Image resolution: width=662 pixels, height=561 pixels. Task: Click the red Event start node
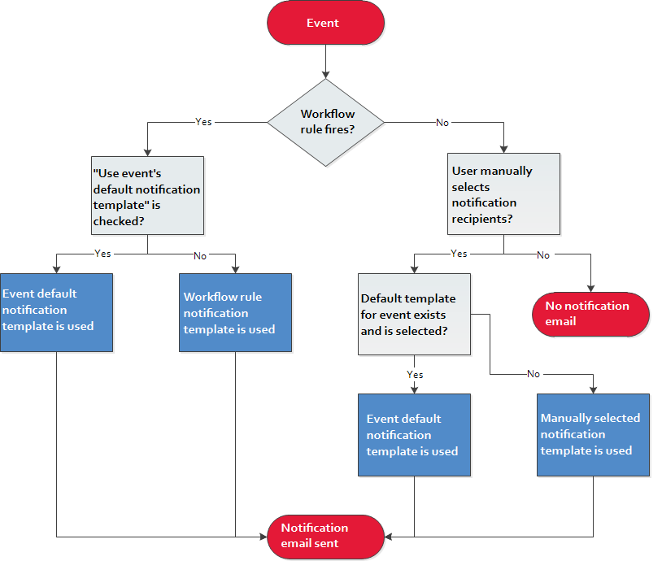point(325,23)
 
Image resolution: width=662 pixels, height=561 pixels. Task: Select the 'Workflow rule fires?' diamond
point(325,123)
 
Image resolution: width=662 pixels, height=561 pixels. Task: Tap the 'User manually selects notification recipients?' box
point(503,194)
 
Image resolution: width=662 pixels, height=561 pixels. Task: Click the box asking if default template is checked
point(147,195)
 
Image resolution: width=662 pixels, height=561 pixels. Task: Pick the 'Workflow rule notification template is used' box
point(235,312)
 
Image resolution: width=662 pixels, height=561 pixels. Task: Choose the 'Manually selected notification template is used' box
point(593,435)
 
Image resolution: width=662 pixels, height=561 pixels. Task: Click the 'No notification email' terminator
point(590,314)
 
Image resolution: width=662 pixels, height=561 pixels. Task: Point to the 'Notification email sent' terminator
point(325,537)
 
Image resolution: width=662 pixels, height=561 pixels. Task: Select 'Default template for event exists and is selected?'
point(414,314)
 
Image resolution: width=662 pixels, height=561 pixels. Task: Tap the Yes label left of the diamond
point(203,122)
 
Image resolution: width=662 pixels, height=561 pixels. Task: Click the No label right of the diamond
point(442,123)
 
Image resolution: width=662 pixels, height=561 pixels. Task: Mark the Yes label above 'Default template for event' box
point(459,254)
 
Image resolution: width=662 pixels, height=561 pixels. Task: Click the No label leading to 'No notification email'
point(543,255)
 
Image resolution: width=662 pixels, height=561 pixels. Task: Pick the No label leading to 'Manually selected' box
point(534,373)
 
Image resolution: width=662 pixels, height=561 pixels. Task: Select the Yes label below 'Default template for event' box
point(415,375)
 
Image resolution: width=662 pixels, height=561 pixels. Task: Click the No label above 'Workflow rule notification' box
point(200,256)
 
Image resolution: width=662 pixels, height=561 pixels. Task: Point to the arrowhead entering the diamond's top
point(325,76)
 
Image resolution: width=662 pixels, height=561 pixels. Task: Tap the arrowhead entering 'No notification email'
point(590,289)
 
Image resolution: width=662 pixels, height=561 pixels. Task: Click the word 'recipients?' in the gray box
point(482,219)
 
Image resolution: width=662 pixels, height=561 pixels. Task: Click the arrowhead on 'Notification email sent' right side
point(389,537)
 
